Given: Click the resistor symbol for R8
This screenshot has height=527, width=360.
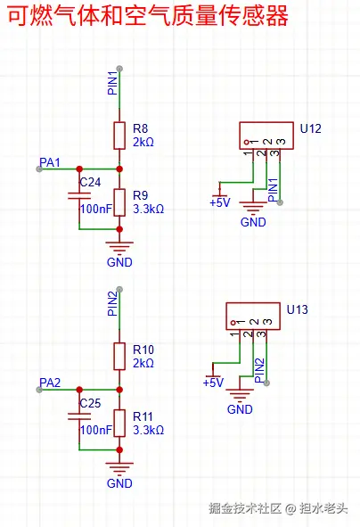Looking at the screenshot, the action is (119, 136).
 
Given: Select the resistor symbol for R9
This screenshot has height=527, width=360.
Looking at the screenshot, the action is (119, 202).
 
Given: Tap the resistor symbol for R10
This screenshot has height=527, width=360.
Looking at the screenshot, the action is (119, 357).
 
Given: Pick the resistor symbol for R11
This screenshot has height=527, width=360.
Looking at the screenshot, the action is (119, 424).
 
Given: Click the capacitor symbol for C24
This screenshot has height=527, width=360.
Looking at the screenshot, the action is (79, 195).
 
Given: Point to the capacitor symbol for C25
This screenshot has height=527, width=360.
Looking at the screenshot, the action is (79, 416).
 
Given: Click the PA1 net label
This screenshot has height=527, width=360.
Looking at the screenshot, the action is (50, 162).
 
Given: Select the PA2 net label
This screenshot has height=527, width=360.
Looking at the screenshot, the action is (50, 383).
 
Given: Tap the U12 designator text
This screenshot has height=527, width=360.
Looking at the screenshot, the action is (311, 128).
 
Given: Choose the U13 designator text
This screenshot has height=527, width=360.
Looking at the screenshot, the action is (298, 309).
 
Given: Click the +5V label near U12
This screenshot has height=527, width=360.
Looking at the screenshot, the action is (220, 202).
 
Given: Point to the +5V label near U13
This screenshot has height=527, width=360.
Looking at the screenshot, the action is (213, 383).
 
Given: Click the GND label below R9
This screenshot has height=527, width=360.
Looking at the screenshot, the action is (119, 262).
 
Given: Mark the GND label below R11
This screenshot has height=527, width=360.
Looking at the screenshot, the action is (119, 483).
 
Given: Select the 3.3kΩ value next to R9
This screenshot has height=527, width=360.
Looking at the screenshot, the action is (149, 209).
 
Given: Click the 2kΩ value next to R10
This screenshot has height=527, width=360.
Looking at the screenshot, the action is (143, 363).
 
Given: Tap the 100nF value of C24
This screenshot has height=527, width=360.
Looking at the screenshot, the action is (96, 209).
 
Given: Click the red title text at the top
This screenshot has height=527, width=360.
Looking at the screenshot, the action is (148, 16).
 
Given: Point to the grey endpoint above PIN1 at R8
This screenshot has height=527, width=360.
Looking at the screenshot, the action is (119, 69).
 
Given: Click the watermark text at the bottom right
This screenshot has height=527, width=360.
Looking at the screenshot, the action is (278, 508).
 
